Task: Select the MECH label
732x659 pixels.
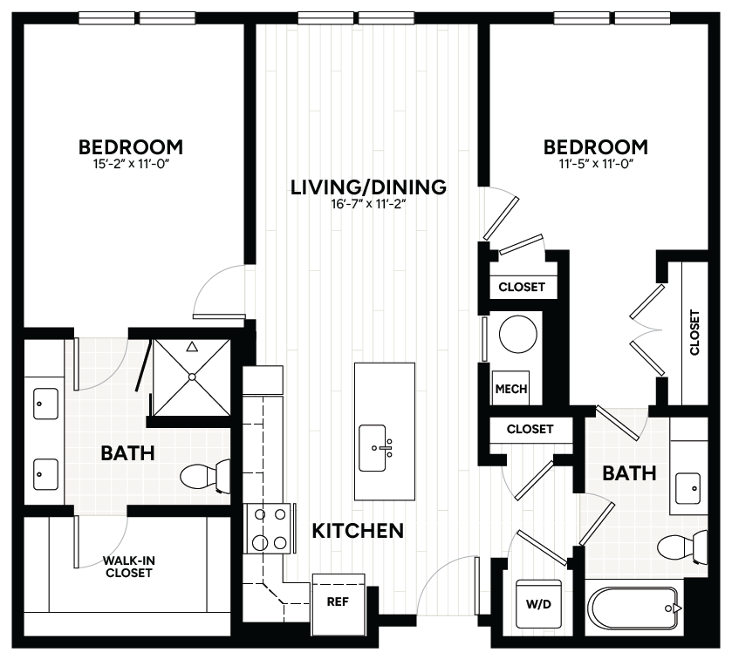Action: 510,389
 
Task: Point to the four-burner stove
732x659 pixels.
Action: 270,529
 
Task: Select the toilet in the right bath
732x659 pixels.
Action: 682,548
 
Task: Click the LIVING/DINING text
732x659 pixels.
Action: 369,187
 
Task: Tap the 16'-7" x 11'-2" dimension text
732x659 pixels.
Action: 369,206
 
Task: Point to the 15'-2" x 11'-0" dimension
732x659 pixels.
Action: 131,163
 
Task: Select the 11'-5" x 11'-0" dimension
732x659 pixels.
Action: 595,163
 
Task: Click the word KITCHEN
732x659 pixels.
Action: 358,530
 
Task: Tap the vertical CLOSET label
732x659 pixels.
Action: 694,332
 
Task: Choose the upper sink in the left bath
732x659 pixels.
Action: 43,404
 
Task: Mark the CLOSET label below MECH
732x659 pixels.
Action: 530,429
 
